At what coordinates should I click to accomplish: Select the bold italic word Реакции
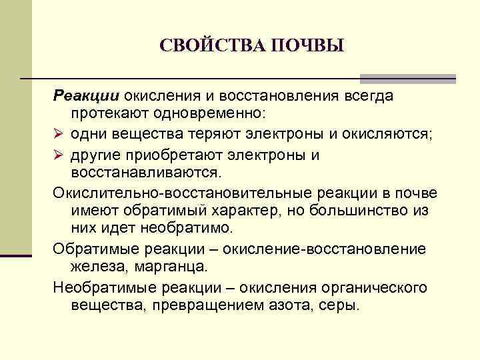(x=81, y=96)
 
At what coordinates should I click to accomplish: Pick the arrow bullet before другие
(x=59, y=155)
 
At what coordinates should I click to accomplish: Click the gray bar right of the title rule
(x=407, y=79)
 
